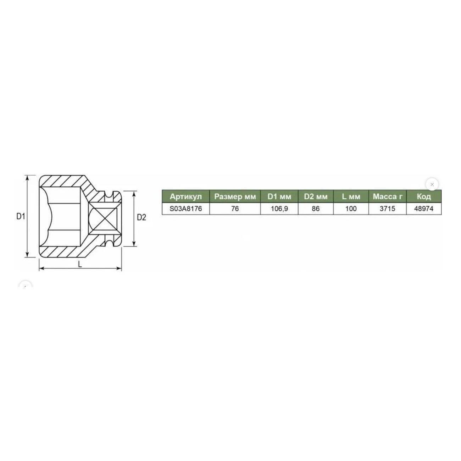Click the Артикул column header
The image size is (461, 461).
pyautogui.click(x=186, y=197)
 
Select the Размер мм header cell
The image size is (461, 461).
pyautogui.click(x=235, y=197)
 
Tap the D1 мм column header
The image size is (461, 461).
pyautogui.click(x=279, y=197)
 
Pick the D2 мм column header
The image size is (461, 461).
pyautogui.click(x=316, y=197)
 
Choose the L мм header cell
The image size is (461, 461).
pyautogui.click(x=351, y=197)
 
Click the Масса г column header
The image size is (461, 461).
pyautogui.click(x=388, y=197)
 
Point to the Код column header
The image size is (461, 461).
pyautogui.click(x=424, y=197)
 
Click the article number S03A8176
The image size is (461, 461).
pyautogui.click(x=186, y=209)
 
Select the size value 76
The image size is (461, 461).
pyautogui.click(x=235, y=209)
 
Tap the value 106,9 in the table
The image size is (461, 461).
pyautogui.click(x=279, y=209)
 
